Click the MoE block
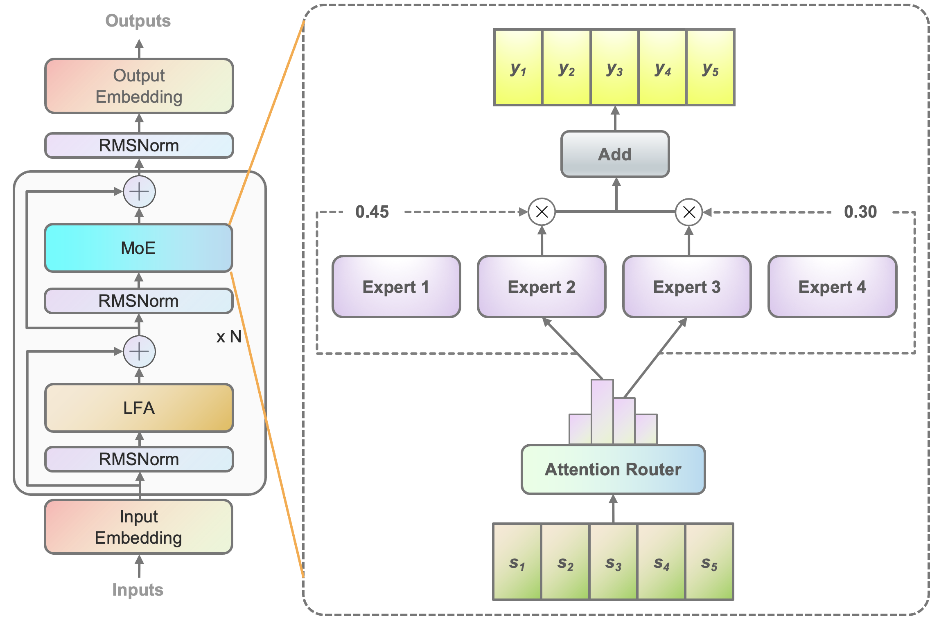(138, 248)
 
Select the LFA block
(139, 408)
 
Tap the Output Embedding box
(139, 86)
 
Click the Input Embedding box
(138, 527)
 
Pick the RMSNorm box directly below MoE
(138, 301)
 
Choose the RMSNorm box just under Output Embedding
(139, 146)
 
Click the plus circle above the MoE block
(139, 191)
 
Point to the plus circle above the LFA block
(139, 351)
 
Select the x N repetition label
(229, 337)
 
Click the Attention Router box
(613, 469)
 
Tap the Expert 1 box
(396, 287)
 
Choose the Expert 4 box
(832, 287)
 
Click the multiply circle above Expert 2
(542, 212)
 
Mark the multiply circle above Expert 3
(689, 212)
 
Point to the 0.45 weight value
(372, 212)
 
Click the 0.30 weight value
(860, 212)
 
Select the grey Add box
(615, 154)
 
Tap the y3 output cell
(614, 67)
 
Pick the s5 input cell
(709, 562)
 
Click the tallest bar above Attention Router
(602, 411)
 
